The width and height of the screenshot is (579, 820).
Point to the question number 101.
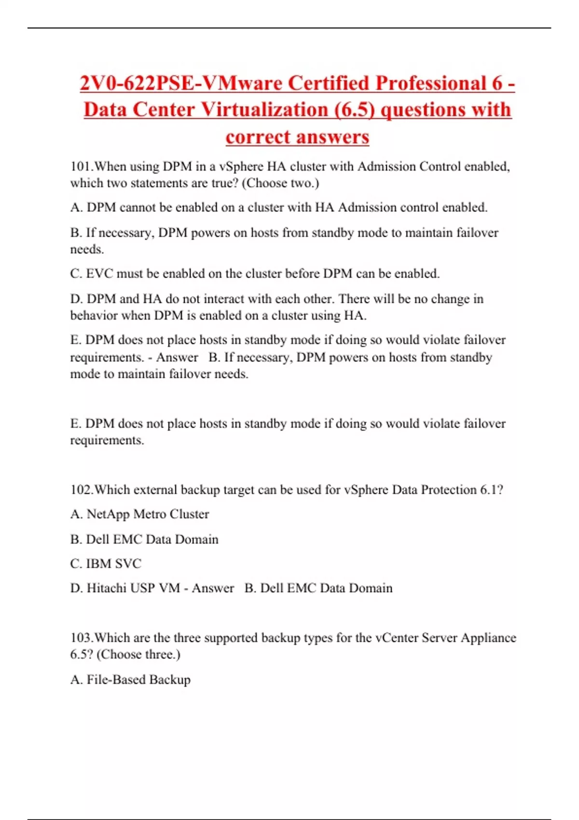click(81, 166)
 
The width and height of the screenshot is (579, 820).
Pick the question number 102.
click(81, 490)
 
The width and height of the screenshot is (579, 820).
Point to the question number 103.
click(81, 638)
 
